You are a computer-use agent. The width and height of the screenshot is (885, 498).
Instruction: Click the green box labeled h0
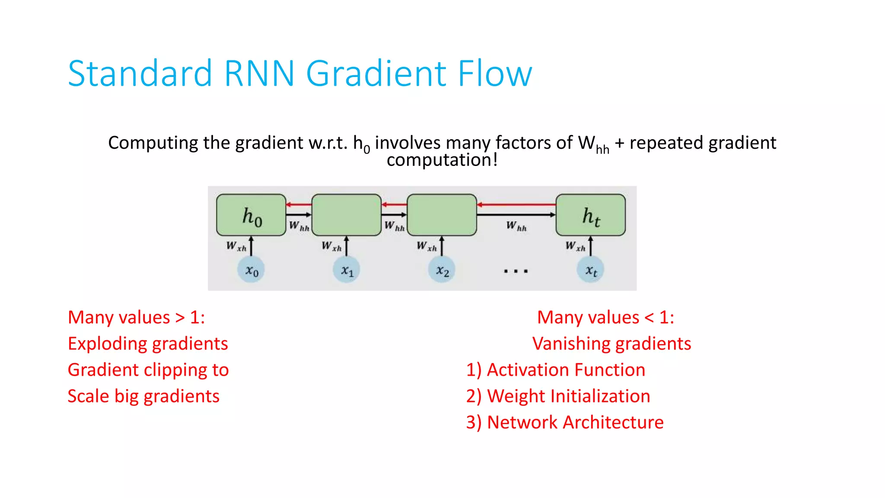click(251, 215)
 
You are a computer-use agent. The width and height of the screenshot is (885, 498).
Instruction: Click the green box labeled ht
click(590, 215)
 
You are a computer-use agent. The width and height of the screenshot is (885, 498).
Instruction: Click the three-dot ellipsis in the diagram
click(516, 271)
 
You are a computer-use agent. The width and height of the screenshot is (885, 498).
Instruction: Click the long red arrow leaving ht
click(516, 204)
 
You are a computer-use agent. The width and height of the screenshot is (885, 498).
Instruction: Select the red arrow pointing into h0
click(299, 204)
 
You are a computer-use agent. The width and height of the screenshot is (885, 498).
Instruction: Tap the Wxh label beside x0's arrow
click(236, 246)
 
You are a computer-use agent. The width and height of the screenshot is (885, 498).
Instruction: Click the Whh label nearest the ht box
click(516, 226)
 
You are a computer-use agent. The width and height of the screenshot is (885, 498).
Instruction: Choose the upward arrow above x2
click(442, 246)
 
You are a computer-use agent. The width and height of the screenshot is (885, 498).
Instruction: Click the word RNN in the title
click(259, 73)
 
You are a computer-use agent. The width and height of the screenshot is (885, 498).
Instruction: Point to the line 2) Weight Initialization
click(558, 396)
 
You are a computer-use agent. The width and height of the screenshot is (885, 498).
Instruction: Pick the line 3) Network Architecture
click(564, 422)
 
